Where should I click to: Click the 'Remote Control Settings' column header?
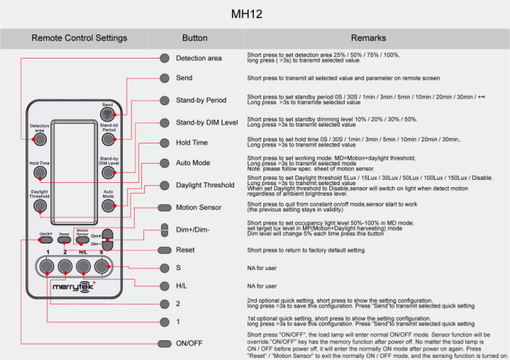pos(79,37)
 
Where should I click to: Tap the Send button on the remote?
pos(108,113)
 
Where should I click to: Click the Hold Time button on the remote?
pos(39,173)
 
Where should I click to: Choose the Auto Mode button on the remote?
pos(108,206)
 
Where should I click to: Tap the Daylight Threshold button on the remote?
pos(39,206)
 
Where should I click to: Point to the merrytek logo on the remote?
pos(72,285)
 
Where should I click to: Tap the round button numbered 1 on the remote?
pos(46,266)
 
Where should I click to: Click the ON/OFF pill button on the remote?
pos(46,240)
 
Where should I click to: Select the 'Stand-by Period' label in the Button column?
pos(201,100)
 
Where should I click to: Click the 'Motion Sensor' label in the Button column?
pos(199,207)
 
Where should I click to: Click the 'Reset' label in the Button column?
pos(185,250)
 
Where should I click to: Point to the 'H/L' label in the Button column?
pos(182,285)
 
